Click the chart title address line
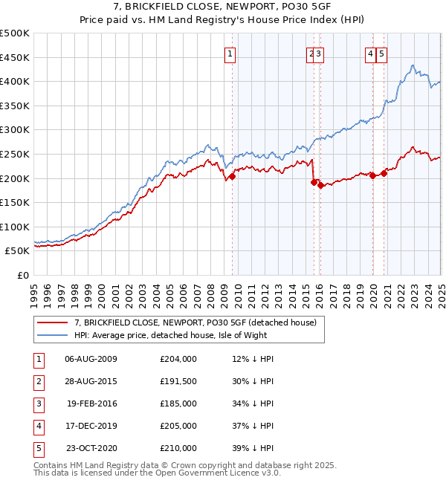coord(223,8)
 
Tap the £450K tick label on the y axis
coord(15,57)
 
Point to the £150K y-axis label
coord(15,202)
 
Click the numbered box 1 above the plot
coord(230,54)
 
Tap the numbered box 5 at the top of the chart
coord(381,54)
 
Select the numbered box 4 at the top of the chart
coord(370,54)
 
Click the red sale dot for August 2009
coord(233,177)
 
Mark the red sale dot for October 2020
coord(384,174)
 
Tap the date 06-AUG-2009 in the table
coord(91,359)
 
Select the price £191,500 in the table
coord(178,381)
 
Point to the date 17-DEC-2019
coord(91,426)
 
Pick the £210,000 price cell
coord(178,448)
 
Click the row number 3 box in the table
coord(37,403)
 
